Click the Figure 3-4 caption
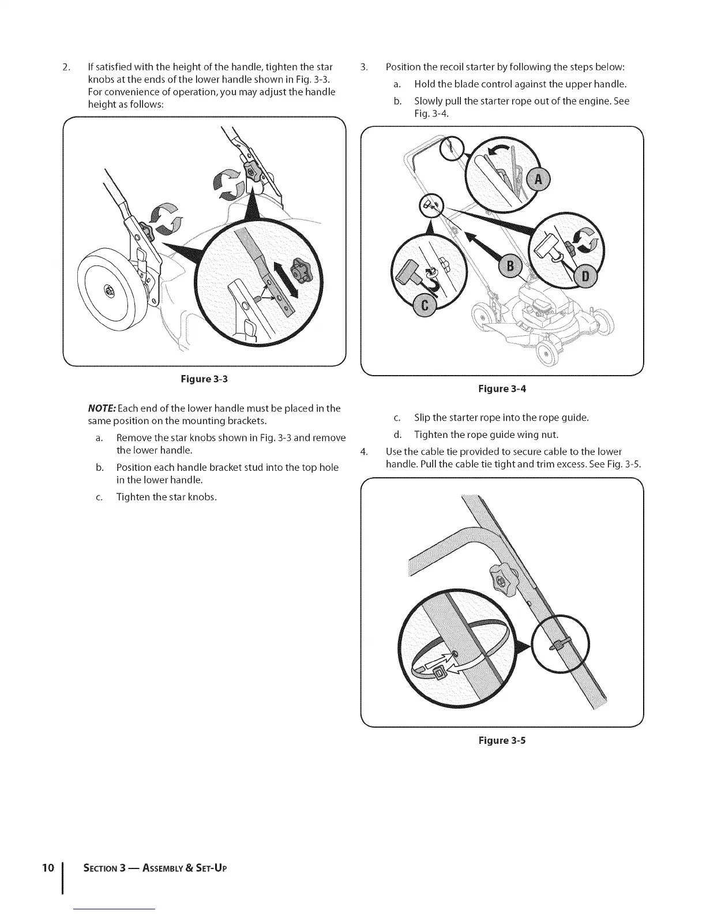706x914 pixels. coord(502,389)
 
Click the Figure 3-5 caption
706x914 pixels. coord(502,740)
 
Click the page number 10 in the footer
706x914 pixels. coord(48,868)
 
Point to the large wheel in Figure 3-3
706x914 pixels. coord(110,289)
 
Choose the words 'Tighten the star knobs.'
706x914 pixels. coord(167,497)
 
